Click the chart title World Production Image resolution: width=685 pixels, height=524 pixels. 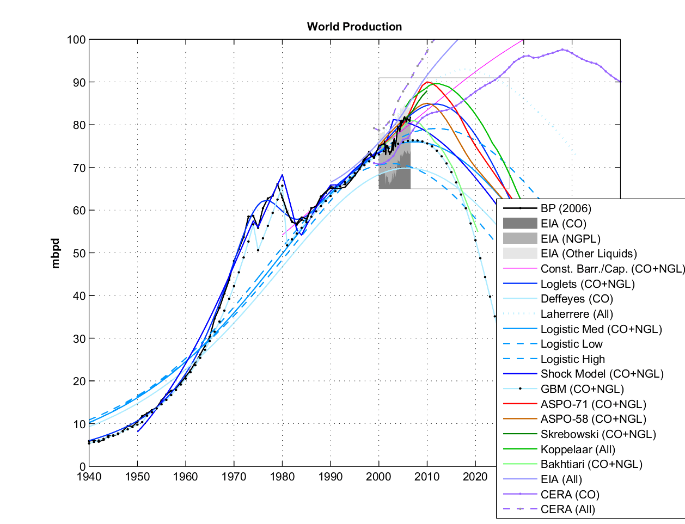tap(354, 27)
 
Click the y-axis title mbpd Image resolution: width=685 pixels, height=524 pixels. tap(56, 253)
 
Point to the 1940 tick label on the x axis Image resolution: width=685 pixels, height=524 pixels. tap(89, 477)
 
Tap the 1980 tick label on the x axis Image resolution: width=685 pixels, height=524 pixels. tap(282, 477)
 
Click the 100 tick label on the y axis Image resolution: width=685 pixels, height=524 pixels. tap(76, 40)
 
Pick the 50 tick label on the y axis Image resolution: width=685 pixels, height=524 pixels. tap(79, 253)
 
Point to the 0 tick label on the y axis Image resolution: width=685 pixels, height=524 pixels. tap(82, 467)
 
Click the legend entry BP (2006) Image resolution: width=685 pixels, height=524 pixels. tap(566, 208)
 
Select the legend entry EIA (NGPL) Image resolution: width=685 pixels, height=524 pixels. tap(570, 238)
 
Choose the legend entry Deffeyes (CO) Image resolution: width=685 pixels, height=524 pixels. tap(577, 299)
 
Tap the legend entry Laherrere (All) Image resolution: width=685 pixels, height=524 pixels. tap(577, 314)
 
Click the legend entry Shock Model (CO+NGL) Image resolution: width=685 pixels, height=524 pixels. tap(602, 374)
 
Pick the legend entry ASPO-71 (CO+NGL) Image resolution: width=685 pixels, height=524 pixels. tap(593, 404)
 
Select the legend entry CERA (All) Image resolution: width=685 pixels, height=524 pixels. tap(567, 509)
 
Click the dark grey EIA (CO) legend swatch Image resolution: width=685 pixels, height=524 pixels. tap(519, 224)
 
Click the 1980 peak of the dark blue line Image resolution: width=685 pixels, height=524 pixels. tap(282, 175)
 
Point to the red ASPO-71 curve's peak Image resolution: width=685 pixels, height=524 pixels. tap(428, 82)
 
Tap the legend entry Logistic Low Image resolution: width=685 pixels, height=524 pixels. tap(571, 344)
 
